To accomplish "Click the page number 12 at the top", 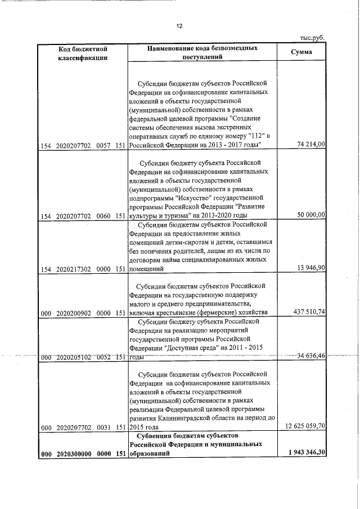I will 179,26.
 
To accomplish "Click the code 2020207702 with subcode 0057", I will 75,146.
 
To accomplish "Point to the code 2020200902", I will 75,313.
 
